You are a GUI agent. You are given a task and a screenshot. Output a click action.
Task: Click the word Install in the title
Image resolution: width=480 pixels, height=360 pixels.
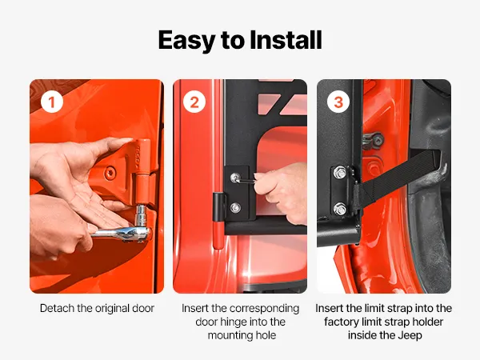point(286,40)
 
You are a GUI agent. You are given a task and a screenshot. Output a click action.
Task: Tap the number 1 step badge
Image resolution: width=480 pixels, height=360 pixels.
point(52,102)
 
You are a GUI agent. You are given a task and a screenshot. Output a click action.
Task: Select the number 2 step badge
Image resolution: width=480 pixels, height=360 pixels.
point(194,102)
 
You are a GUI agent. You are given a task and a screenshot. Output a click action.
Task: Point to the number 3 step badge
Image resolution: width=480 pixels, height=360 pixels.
point(338,102)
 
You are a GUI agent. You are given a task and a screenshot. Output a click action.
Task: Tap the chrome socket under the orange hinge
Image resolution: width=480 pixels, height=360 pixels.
point(141,215)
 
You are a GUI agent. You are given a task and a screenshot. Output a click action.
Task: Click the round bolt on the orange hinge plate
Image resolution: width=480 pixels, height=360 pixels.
point(110,174)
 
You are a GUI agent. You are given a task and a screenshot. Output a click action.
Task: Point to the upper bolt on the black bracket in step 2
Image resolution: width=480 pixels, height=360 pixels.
point(235,178)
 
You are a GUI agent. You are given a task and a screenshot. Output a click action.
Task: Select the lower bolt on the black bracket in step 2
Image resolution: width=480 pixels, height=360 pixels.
point(235,208)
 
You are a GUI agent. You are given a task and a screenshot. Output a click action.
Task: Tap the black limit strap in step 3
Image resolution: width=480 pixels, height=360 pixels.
point(398,178)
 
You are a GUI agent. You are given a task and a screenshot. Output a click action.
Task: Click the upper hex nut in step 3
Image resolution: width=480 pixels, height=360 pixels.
point(340,172)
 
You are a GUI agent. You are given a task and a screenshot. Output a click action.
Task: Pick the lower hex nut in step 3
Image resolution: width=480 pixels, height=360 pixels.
point(340,209)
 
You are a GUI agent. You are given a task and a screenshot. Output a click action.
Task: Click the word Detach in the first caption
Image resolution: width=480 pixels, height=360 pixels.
point(58,308)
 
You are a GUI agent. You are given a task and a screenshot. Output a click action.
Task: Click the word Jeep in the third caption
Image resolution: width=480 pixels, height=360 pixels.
point(410,335)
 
